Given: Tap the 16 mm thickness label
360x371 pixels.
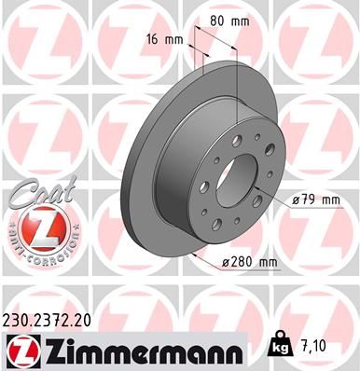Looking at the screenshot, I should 163,40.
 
